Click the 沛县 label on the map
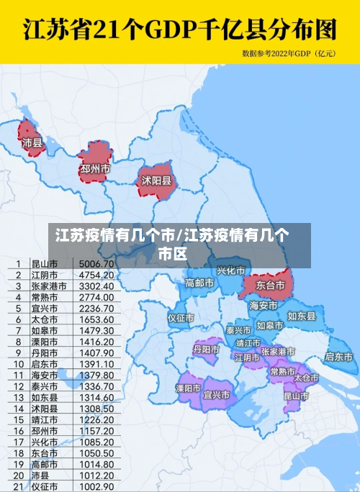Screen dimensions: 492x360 click(33, 142)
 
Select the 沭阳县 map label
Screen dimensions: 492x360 click(156, 180)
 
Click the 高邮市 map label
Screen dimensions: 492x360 click(199, 283)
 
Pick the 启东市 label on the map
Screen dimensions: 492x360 click(338, 355)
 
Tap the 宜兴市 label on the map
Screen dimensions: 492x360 click(217, 395)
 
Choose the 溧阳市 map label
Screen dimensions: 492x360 click(189, 388)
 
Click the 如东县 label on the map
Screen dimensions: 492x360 click(302, 316)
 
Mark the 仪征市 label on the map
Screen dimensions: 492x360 click(181, 317)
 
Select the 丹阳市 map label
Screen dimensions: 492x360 click(206, 349)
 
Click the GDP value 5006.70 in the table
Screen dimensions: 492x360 click(96, 264)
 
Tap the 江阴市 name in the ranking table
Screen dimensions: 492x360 click(45, 275)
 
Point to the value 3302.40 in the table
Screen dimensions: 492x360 click(96, 286)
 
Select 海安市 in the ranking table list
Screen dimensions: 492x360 click(45, 375)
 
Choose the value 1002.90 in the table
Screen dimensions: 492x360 click(96, 486)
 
